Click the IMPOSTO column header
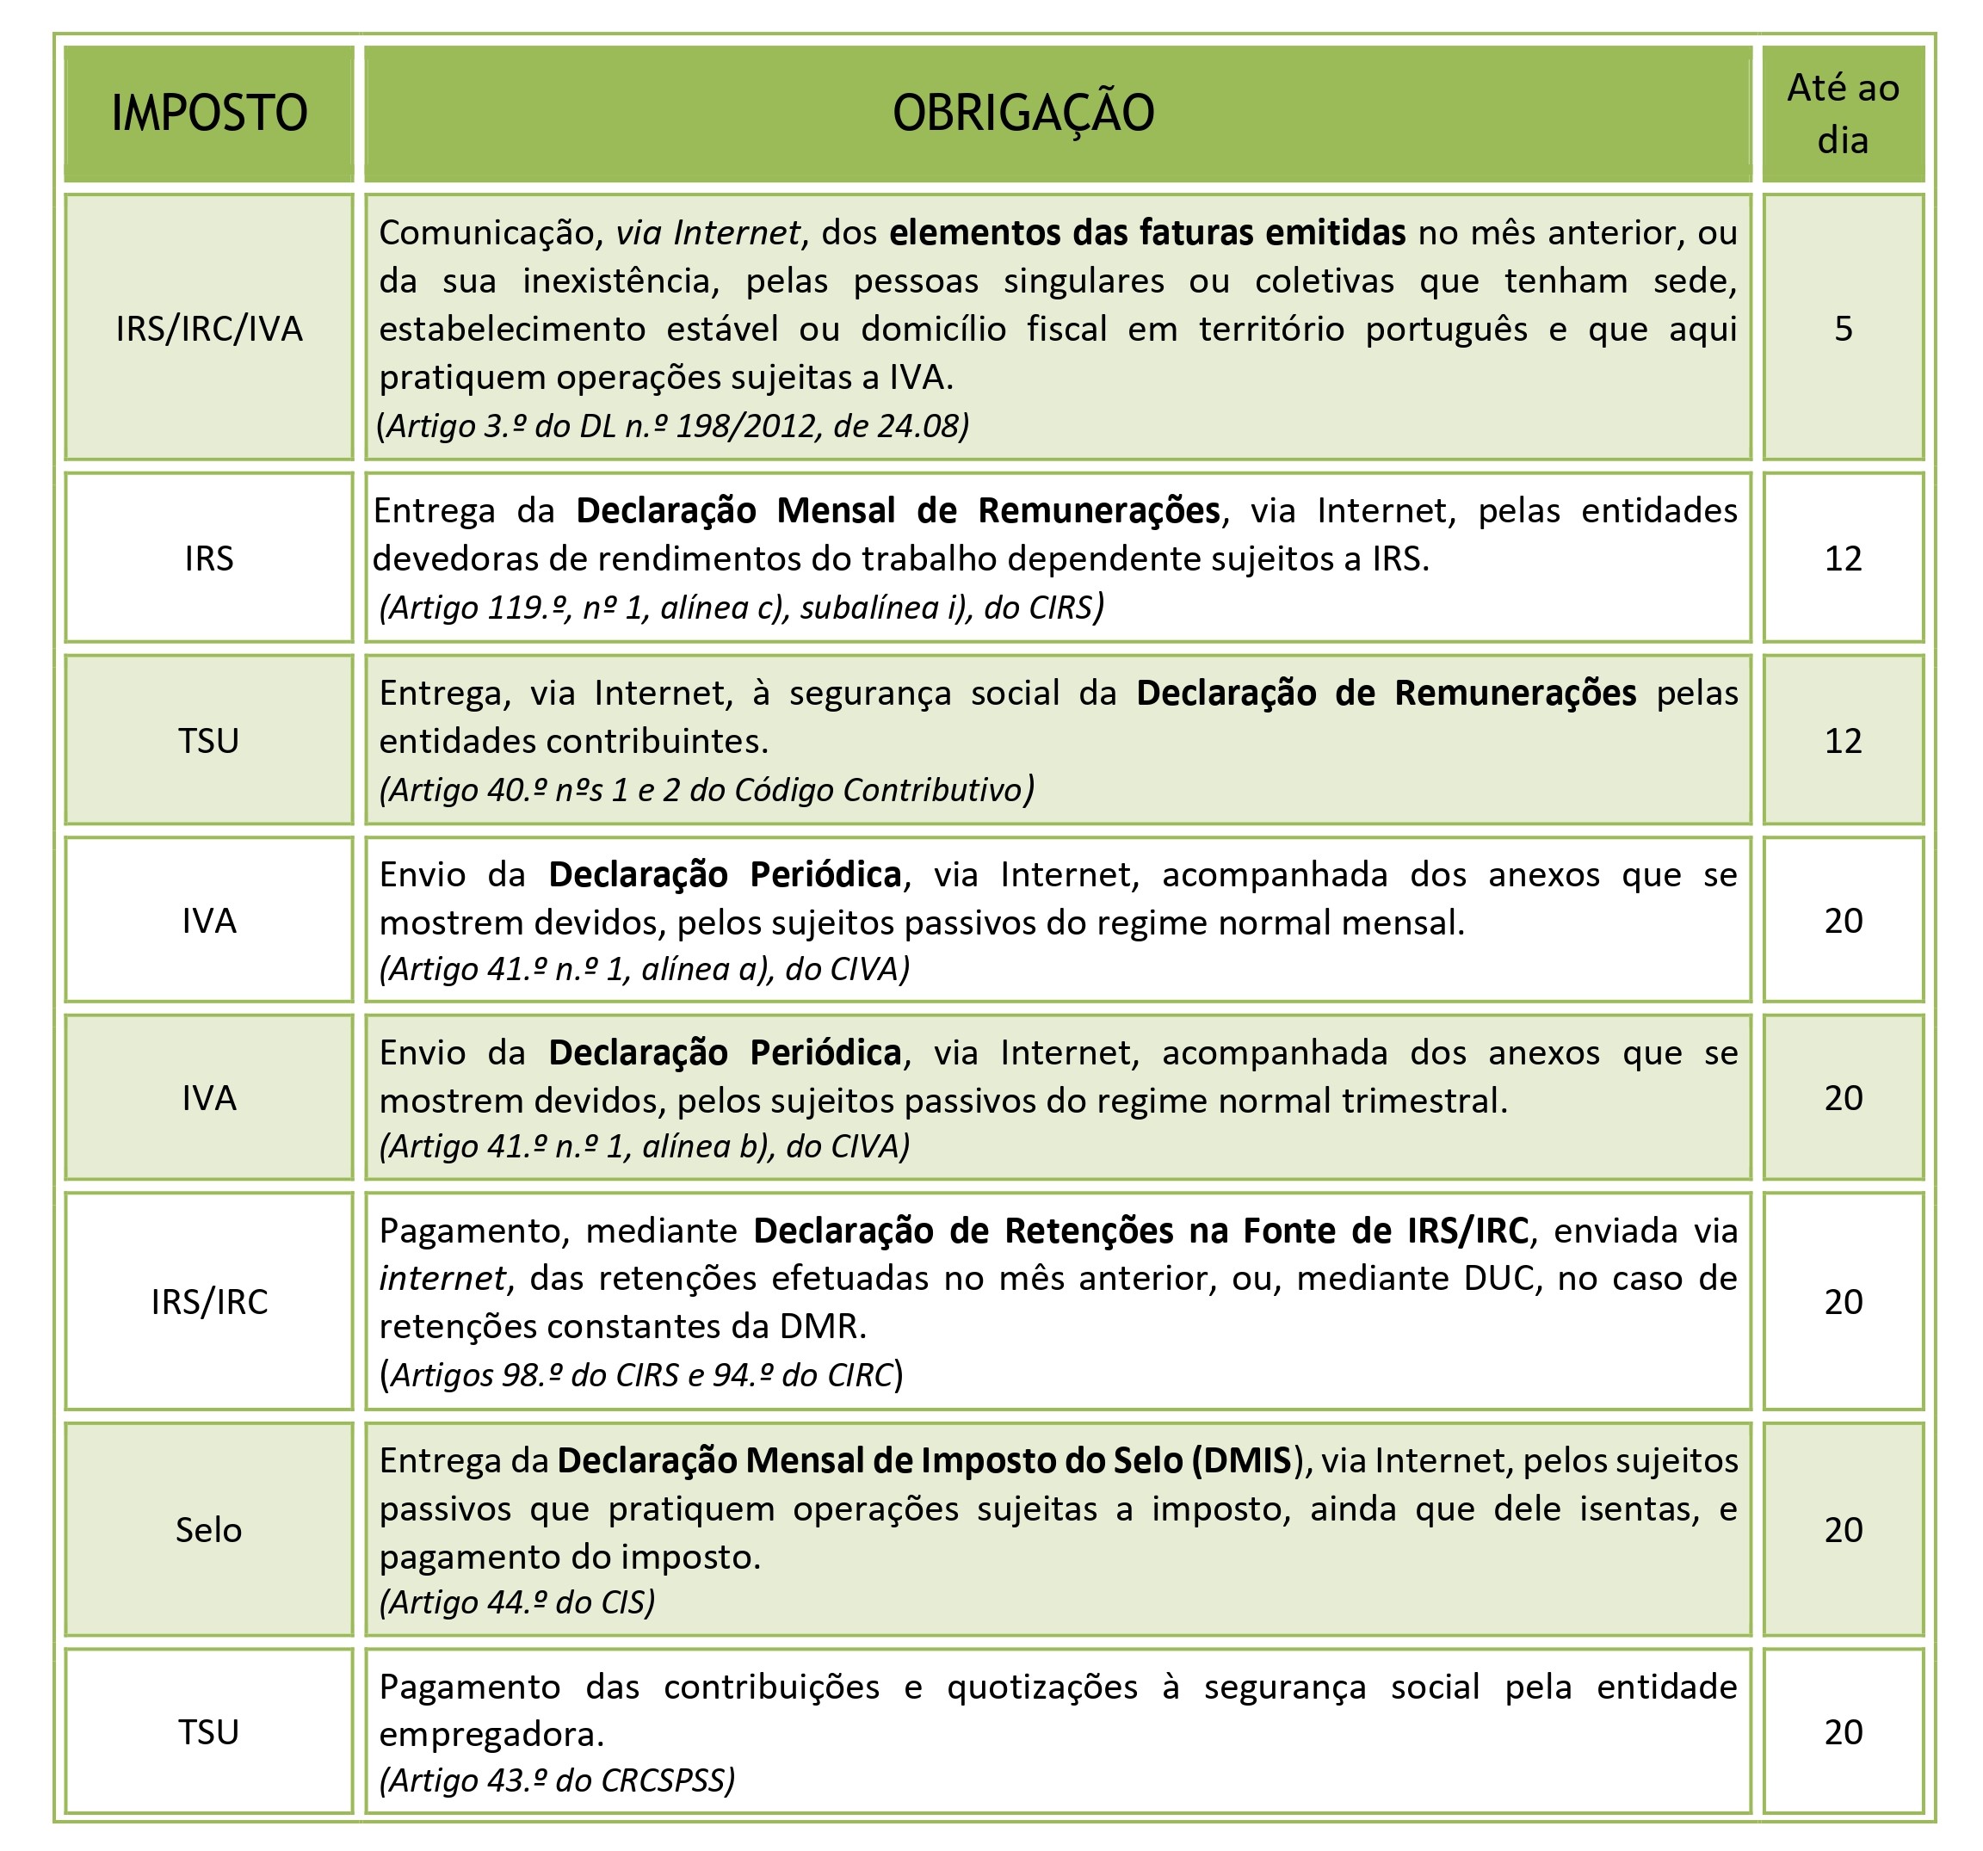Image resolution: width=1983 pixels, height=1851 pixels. [208, 113]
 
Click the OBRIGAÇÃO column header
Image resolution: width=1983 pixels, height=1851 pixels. [1023, 113]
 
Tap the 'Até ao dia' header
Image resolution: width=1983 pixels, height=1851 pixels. [1843, 114]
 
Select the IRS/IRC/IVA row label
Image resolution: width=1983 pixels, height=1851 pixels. [208, 328]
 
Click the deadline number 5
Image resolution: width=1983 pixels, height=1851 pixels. [1843, 328]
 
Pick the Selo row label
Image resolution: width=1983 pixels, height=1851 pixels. [208, 1529]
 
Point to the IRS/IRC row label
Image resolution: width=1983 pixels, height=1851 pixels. [208, 1301]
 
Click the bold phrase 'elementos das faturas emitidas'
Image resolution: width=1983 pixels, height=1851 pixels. [1147, 232]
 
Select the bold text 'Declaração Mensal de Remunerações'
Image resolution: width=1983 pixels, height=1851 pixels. [898, 510]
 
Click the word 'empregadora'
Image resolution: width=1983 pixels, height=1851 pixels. [491, 1734]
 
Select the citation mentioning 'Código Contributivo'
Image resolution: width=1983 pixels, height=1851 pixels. [707, 790]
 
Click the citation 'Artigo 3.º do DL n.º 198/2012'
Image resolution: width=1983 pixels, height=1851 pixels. [672, 426]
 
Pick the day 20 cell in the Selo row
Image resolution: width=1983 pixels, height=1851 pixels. [1843, 1529]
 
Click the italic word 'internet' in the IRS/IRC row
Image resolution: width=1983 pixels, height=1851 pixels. [442, 1278]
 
